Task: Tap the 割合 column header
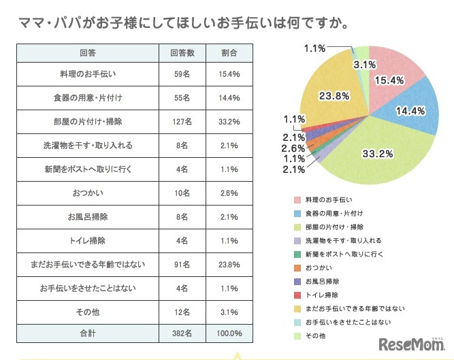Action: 229,52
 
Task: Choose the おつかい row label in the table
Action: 87,193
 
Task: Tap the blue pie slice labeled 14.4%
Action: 412,109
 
